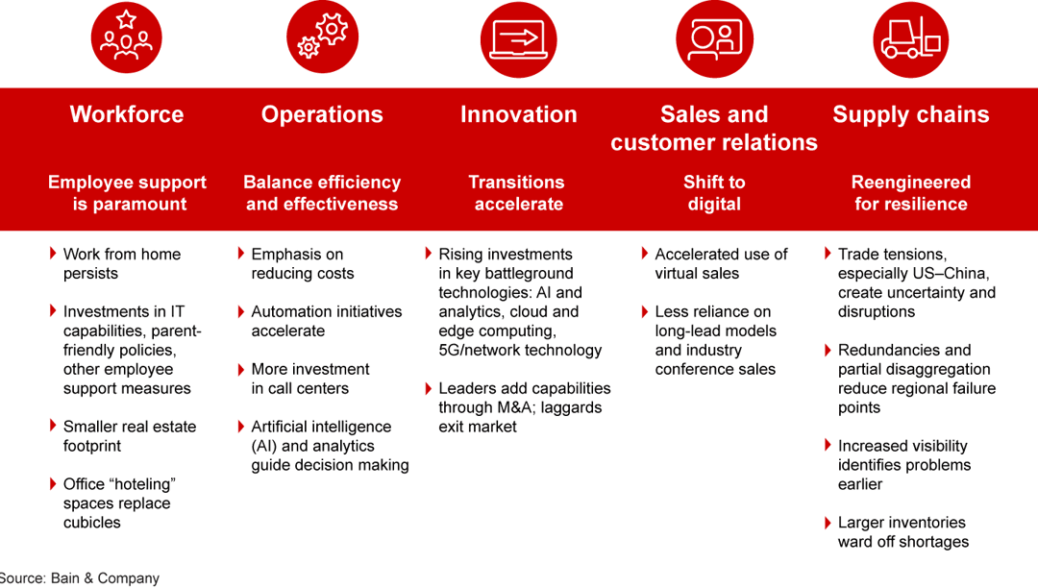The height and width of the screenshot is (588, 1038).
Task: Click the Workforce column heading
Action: pyautogui.click(x=126, y=114)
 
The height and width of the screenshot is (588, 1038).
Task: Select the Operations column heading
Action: pyautogui.click(x=322, y=114)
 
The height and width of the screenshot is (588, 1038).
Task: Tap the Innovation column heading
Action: pyautogui.click(x=518, y=114)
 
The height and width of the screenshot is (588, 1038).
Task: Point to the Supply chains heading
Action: pyautogui.click(x=910, y=114)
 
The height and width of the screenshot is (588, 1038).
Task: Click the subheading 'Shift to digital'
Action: pyautogui.click(x=714, y=192)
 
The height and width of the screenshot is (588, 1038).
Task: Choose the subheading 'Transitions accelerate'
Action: pyautogui.click(x=518, y=192)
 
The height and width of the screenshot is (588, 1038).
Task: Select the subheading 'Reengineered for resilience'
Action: pyautogui.click(x=910, y=192)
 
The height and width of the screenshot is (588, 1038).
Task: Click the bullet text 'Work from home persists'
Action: pyautogui.click(x=121, y=263)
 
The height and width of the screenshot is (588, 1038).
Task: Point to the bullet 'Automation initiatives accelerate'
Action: pyautogui.click(x=326, y=321)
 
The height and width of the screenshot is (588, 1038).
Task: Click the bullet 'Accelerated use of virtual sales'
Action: pyautogui.click(x=720, y=263)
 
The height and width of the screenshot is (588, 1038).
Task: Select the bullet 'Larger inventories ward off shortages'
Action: pyautogui.click(x=902, y=532)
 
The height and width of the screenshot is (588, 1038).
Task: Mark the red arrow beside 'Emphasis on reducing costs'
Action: pyautogui.click(x=241, y=254)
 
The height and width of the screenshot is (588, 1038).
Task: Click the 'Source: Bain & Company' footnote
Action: pyautogui.click(x=81, y=578)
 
